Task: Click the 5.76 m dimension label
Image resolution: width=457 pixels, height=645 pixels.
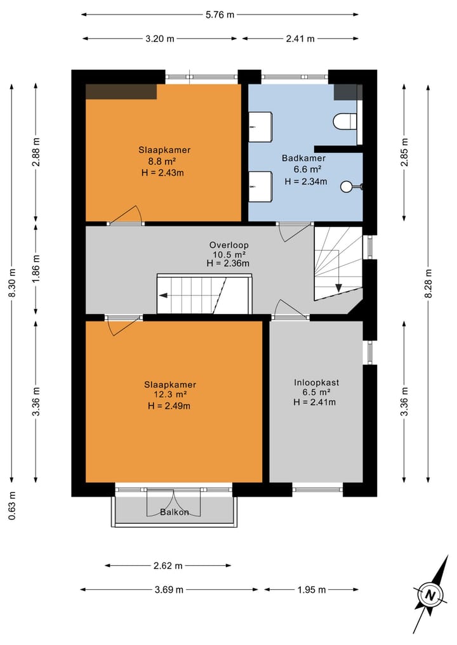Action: click(220, 15)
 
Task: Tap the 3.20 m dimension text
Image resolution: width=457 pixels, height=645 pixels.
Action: click(160, 39)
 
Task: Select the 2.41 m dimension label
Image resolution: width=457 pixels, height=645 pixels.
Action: click(300, 39)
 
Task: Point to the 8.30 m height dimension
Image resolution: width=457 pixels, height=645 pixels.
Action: click(12, 283)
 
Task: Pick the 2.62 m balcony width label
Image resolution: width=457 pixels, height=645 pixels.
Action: click(168, 566)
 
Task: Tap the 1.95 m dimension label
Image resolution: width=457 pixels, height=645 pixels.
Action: click(312, 590)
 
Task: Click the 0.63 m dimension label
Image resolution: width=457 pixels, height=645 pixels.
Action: click(12, 505)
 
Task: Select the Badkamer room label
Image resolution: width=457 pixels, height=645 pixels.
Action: click(304, 158)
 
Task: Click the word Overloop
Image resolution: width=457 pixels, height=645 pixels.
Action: click(229, 245)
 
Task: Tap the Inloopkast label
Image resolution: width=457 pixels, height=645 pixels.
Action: click(317, 382)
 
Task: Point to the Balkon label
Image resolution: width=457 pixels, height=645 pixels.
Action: click(175, 512)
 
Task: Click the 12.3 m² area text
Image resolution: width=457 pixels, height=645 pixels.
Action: click(168, 395)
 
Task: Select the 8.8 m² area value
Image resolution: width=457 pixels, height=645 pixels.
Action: click(162, 161)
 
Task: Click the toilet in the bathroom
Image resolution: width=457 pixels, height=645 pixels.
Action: click(345, 122)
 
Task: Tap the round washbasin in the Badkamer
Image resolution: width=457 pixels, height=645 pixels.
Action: click(347, 186)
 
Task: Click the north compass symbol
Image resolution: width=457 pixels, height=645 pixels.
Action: click(430, 594)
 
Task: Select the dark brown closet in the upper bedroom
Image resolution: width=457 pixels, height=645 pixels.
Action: click(121, 92)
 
